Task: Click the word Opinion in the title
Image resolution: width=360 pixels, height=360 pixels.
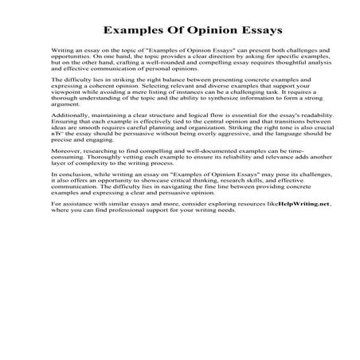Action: point(185,31)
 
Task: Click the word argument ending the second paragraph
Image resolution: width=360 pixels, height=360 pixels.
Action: point(63,104)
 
